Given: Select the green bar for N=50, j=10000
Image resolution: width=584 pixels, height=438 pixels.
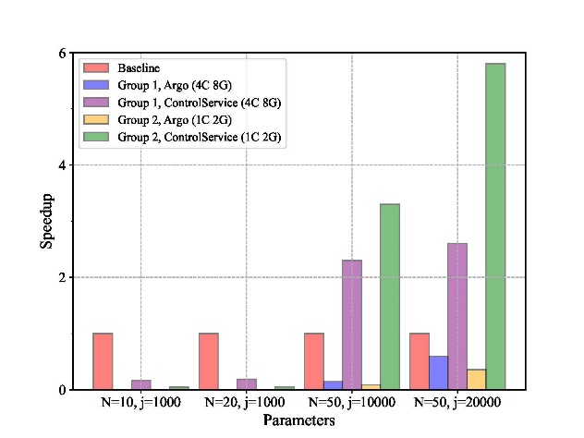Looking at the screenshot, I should click(x=390, y=297).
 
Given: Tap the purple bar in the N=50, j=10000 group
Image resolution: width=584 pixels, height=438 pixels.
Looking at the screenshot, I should click(x=352, y=324).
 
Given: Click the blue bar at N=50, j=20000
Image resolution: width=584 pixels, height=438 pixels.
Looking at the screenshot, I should click(x=438, y=372).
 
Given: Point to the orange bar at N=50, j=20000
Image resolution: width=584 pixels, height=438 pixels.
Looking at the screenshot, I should click(x=477, y=379).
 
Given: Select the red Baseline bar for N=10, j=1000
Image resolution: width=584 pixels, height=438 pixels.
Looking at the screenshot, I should click(x=103, y=361).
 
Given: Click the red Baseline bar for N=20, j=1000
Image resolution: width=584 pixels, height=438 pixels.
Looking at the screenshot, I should click(x=209, y=361).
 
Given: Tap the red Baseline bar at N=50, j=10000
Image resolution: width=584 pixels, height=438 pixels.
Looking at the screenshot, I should click(x=314, y=361).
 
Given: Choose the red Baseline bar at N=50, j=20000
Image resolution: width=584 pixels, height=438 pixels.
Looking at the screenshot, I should click(x=420, y=361).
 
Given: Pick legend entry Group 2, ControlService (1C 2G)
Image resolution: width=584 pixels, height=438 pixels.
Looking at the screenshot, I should click(x=199, y=137).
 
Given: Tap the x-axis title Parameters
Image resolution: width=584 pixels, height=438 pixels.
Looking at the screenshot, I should click(x=298, y=420).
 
